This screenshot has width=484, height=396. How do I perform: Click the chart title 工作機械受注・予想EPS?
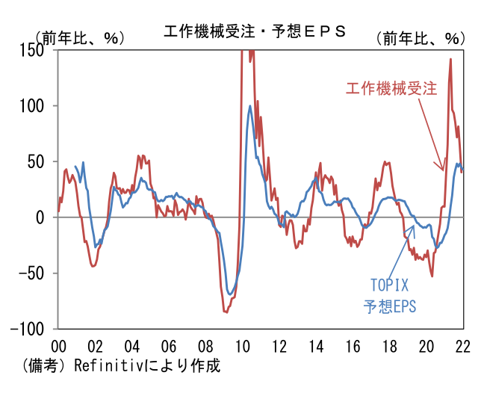click(255, 31)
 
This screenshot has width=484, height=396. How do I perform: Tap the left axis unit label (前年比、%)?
click(79, 37)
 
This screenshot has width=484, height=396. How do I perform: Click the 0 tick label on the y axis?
click(42, 217)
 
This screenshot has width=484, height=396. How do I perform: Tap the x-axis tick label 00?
click(58, 347)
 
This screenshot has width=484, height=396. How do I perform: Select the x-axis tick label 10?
click(242, 347)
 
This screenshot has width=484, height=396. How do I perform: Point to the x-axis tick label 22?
click(463, 347)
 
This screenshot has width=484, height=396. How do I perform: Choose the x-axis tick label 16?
click(353, 347)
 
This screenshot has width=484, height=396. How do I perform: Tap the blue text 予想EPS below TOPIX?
click(390, 306)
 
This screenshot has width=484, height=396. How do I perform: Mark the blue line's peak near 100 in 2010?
click(249, 105)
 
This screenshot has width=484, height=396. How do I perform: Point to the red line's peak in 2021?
click(450, 59)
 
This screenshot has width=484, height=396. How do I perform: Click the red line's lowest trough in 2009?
click(226, 312)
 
